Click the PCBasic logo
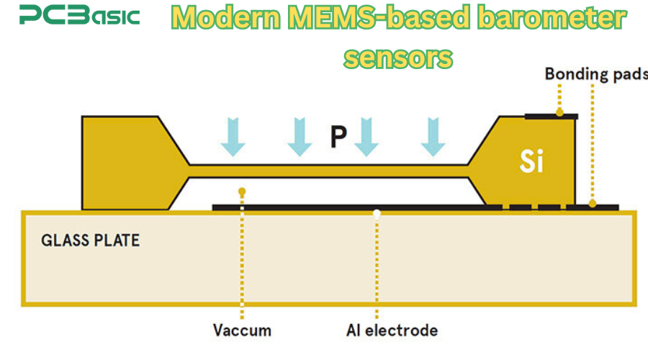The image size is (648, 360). [x=79, y=16]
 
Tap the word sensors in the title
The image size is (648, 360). [x=398, y=57]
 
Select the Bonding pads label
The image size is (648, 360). [x=595, y=74]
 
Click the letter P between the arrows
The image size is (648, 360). [x=338, y=137]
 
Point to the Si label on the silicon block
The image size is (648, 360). [x=532, y=163]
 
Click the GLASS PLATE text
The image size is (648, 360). [x=90, y=240]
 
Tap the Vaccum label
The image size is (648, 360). [x=242, y=330]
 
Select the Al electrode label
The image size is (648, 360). [x=392, y=330]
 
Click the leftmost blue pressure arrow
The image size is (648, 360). [x=233, y=137]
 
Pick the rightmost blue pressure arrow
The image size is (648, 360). [x=433, y=137]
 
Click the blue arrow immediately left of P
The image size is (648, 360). [x=300, y=137]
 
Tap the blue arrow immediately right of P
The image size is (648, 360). [x=366, y=137]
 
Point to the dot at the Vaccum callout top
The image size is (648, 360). [x=242, y=192]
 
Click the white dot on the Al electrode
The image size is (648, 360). [x=376, y=212]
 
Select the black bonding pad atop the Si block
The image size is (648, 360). [x=550, y=115]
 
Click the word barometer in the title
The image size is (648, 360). [x=556, y=19]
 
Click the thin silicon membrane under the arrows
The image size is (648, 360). [x=328, y=171]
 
